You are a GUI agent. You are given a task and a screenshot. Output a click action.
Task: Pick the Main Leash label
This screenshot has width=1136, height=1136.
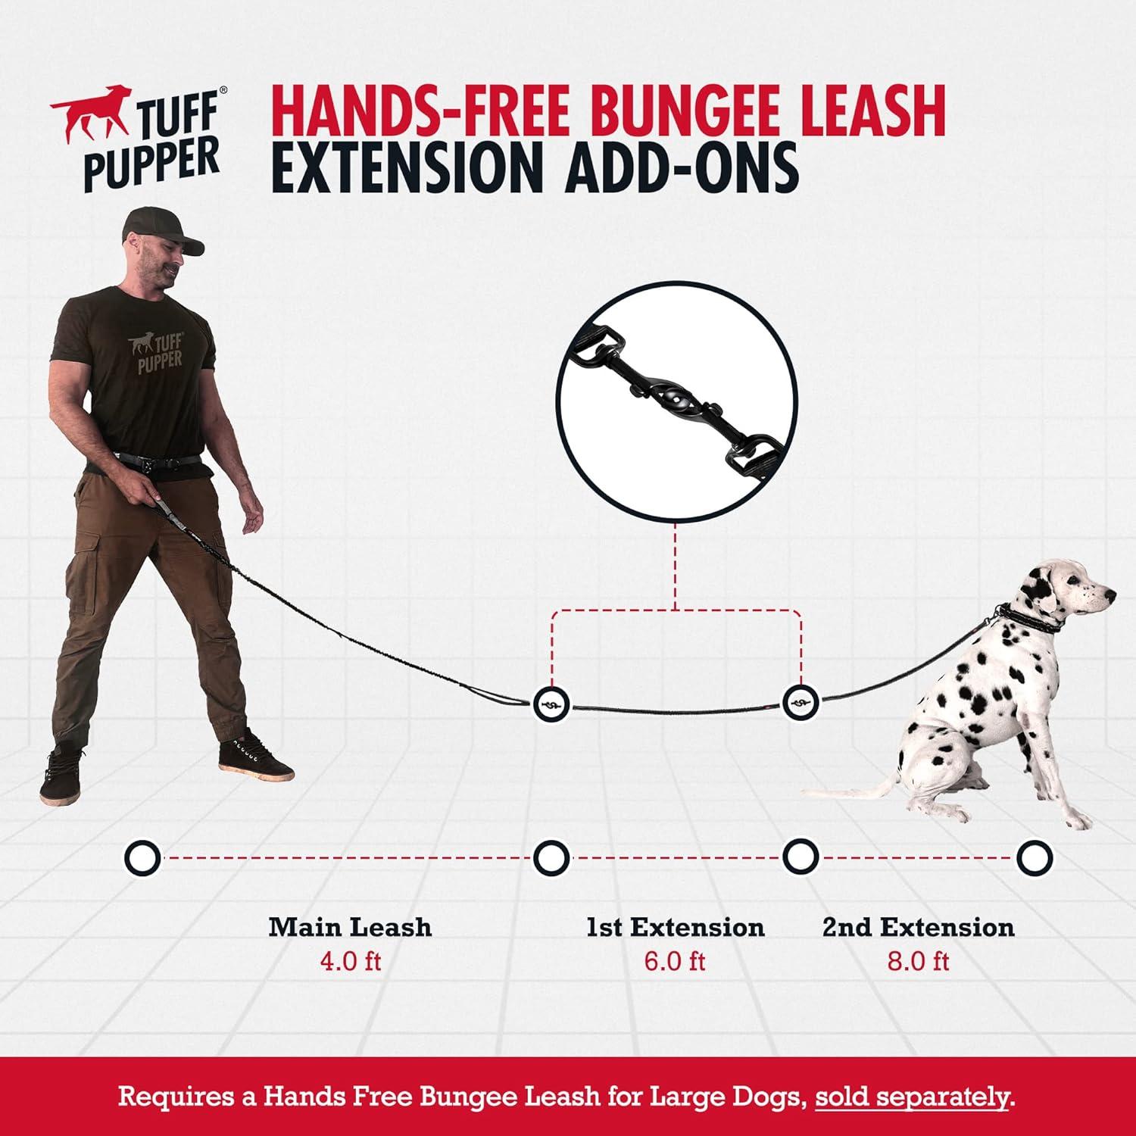click(x=350, y=927)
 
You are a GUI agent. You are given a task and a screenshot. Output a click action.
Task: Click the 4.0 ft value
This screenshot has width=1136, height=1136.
click(x=350, y=962)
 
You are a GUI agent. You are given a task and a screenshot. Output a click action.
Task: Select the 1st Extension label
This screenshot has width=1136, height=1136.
click(x=675, y=927)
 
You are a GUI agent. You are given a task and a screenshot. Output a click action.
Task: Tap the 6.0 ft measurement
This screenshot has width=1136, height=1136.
click(x=675, y=962)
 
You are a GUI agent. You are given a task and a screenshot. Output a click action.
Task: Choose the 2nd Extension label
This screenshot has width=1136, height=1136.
click(x=918, y=927)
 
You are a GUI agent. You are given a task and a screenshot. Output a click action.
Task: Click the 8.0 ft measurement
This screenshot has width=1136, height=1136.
click(x=918, y=962)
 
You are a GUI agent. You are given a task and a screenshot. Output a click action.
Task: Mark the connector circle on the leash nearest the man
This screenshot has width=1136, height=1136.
click(x=551, y=704)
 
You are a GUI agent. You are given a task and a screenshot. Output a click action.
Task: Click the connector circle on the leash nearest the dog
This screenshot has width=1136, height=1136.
click(x=800, y=703)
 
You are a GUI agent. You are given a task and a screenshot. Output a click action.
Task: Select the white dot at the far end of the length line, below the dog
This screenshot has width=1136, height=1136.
click(x=1034, y=858)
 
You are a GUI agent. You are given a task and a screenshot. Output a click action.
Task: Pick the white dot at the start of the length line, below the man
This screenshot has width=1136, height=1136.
click(x=142, y=858)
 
